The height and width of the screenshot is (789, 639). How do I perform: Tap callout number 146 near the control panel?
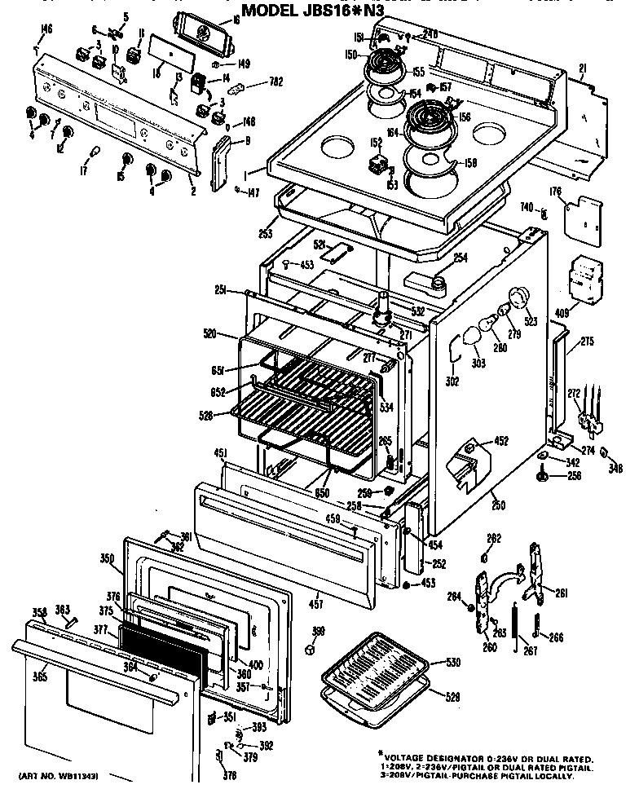point(46,32)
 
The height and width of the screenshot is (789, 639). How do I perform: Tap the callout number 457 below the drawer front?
point(315,604)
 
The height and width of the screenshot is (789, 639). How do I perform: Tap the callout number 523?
point(531,321)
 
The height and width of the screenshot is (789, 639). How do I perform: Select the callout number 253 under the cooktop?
point(264,233)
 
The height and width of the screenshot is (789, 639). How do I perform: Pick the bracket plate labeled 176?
point(584,214)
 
